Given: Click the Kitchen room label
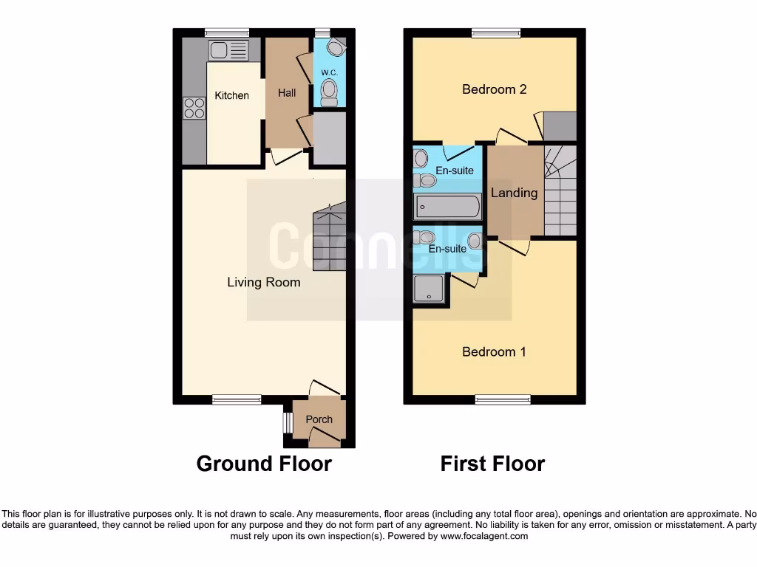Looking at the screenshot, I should (231, 95).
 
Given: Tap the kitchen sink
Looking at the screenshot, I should (228, 50).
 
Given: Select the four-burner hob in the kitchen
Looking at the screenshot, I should (194, 109).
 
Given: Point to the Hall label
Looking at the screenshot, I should (287, 92).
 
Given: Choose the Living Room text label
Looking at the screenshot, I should (263, 282).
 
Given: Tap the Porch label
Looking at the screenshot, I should (319, 419).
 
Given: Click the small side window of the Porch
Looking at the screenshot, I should (287, 422).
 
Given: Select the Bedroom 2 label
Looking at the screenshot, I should (494, 89).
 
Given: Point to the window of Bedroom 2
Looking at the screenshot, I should (496, 32).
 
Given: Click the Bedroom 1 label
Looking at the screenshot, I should (494, 351).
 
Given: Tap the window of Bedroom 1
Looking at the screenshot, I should (503, 400).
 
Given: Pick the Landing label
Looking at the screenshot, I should (514, 193).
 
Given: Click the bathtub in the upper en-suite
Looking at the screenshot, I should (447, 207).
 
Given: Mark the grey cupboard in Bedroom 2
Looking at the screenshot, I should (559, 126).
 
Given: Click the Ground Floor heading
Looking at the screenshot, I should (264, 464).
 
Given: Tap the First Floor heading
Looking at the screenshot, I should (492, 464).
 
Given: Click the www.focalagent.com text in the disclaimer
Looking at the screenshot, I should (483, 536).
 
